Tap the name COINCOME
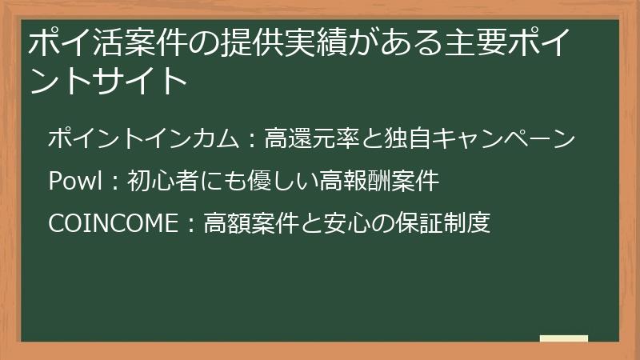pos(112,223)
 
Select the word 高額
pos(226,223)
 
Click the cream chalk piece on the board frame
pos(564,339)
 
